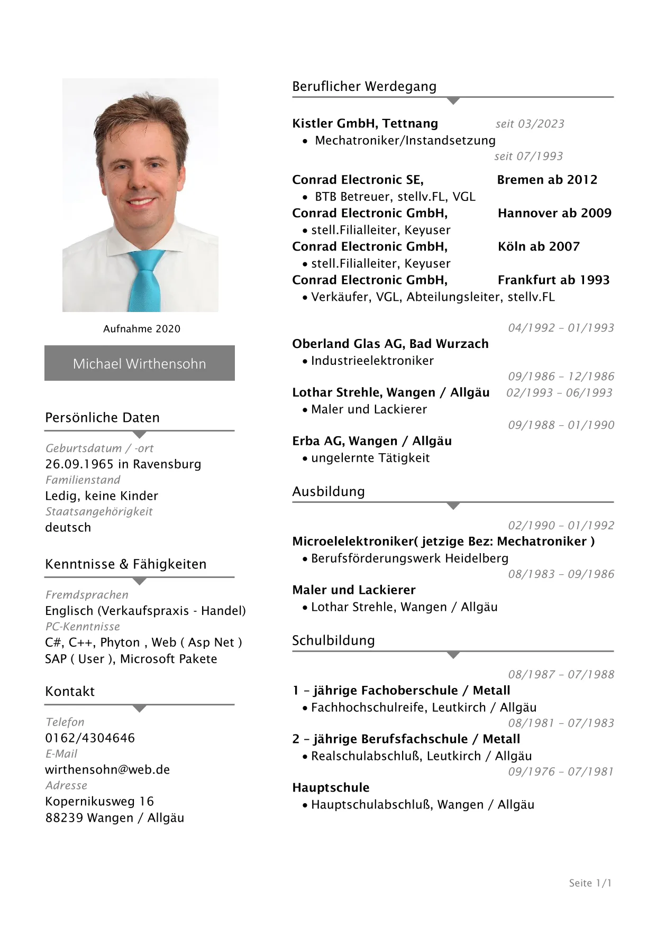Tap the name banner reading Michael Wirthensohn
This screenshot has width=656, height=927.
[x=139, y=363]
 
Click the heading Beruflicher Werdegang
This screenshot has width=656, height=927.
[x=364, y=86]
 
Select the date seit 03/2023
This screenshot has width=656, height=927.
[x=530, y=124]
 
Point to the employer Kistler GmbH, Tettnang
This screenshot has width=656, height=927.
[x=365, y=124]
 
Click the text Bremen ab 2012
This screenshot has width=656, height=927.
[x=547, y=180]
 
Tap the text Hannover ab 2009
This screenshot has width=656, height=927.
[x=554, y=213]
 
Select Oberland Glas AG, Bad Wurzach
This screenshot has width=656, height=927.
[x=390, y=344]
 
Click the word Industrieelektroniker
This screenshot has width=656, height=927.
[x=372, y=361]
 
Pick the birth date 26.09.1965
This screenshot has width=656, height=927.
[x=79, y=464]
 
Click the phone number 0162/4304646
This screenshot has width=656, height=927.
[x=90, y=738]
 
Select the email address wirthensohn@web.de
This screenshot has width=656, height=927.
[x=107, y=769]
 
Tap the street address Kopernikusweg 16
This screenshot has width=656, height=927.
[x=99, y=801]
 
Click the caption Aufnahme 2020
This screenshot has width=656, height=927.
[x=142, y=329]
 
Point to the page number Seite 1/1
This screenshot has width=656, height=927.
[x=590, y=883]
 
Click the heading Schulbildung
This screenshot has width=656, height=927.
[x=333, y=640]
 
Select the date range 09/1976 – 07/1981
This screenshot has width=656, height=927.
[x=561, y=772]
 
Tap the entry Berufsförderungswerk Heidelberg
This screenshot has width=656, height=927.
[x=409, y=558]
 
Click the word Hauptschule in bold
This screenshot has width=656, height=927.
[x=331, y=787]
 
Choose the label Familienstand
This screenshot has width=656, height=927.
[x=83, y=480]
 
